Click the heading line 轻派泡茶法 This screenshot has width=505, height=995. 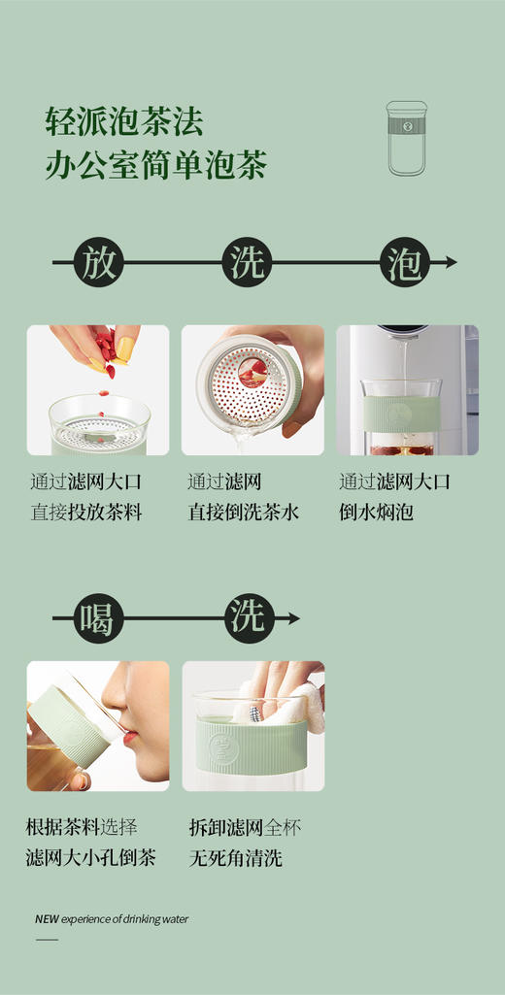(x=123, y=121)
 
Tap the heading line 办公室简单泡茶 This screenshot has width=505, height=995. (x=155, y=165)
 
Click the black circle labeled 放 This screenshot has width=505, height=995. (x=98, y=263)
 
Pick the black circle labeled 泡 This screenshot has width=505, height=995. (x=404, y=263)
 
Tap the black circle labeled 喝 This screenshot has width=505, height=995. (x=98, y=617)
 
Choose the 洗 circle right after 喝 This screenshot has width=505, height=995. (x=250, y=617)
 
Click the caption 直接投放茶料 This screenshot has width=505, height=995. (x=86, y=513)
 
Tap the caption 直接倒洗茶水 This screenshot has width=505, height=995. (x=243, y=513)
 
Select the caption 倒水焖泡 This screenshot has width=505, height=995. (x=376, y=513)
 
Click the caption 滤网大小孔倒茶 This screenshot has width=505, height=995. (x=90, y=858)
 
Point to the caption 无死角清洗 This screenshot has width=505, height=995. (x=235, y=858)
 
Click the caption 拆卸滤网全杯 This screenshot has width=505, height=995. (x=245, y=828)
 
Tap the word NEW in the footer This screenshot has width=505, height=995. (x=47, y=919)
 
